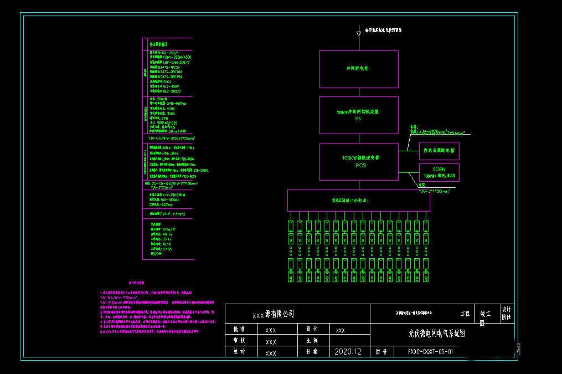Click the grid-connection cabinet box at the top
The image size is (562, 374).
click(359, 69)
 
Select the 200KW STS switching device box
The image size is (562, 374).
click(359, 115)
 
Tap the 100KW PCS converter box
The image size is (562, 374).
click(359, 161)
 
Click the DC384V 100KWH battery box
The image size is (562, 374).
click(439, 172)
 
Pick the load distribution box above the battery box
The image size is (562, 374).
click(439, 150)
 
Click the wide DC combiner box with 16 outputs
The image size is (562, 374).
click(358, 200)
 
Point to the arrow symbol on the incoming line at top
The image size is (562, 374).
click(359, 34)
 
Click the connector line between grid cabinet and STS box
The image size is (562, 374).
click(359, 92)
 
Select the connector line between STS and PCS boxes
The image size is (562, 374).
click(359, 138)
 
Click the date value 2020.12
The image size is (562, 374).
click(348, 351)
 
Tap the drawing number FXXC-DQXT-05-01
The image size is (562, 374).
click(430, 351)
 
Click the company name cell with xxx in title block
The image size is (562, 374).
click(274, 314)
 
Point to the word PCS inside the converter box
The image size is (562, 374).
click(361, 165)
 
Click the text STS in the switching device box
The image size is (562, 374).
click(358, 119)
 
